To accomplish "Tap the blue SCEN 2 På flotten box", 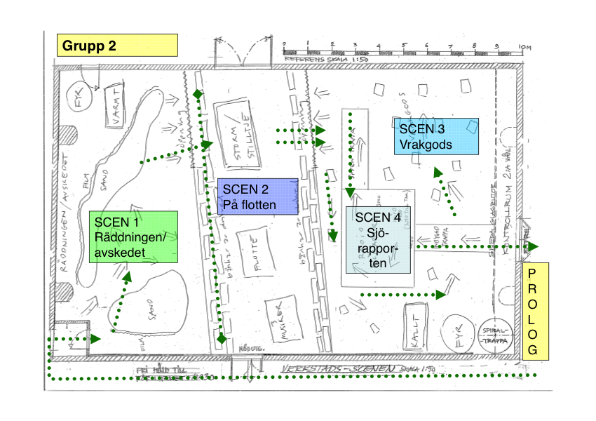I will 258,196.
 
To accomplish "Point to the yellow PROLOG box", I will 535,312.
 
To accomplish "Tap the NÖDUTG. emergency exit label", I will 253,349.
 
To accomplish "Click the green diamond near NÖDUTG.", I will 222,339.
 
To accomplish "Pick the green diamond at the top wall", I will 198,93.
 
